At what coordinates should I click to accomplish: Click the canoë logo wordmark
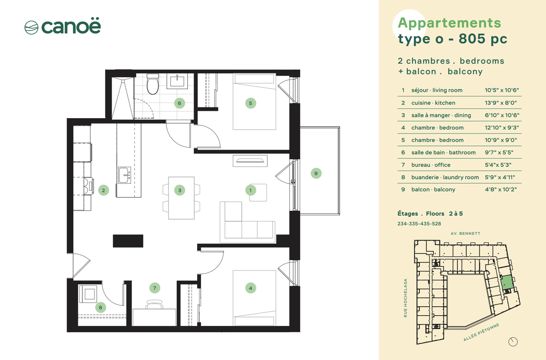tap(71, 26)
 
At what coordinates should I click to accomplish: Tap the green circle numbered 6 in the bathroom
tap(180, 103)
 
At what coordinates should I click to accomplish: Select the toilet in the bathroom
tap(153, 84)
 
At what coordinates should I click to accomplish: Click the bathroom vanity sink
tap(177, 81)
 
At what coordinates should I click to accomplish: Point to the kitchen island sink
tap(125, 175)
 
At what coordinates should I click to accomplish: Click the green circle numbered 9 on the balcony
tap(316, 173)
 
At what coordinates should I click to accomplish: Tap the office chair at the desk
tap(155, 304)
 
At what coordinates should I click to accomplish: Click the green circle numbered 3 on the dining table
tap(180, 190)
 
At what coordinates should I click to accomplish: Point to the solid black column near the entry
tap(128, 241)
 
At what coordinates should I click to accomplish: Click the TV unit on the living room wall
tap(250, 161)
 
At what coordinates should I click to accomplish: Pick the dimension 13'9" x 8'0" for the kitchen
tap(501, 103)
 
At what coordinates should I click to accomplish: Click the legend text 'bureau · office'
tap(431, 165)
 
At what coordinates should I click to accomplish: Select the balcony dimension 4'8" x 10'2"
tap(501, 190)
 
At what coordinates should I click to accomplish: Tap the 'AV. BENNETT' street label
tap(465, 233)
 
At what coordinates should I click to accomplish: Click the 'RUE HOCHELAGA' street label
tap(405, 298)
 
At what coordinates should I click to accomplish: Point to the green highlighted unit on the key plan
tap(507, 282)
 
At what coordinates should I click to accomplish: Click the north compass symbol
tap(513, 342)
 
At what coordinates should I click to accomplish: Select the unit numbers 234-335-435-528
tap(419, 224)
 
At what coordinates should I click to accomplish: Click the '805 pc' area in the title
tap(483, 39)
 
